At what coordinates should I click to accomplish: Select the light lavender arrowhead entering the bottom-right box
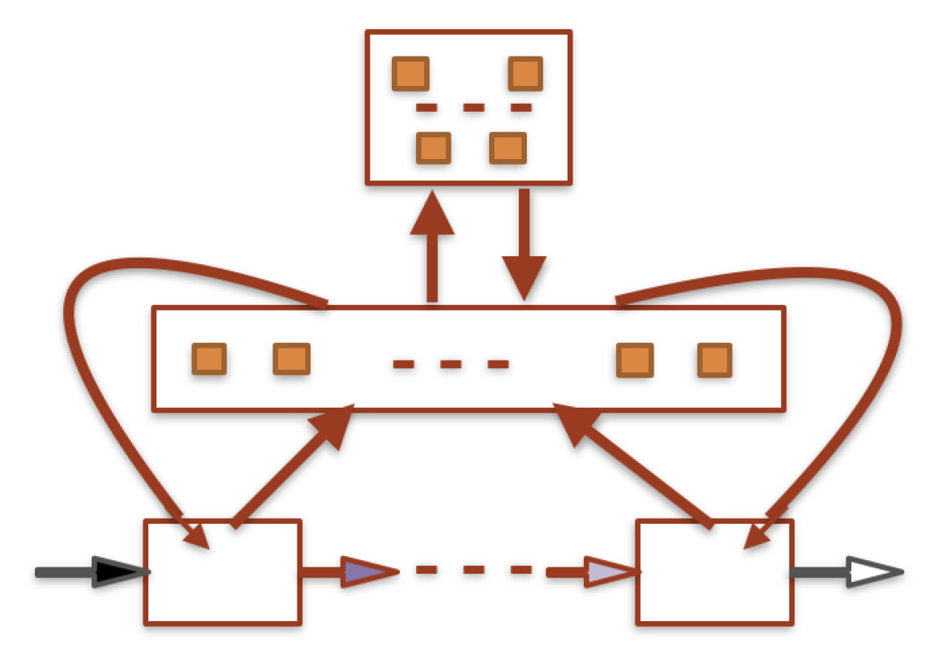tap(609, 572)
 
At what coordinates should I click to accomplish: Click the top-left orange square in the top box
tap(410, 75)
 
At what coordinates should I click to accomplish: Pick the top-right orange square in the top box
tap(525, 75)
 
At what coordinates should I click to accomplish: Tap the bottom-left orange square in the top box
tap(434, 148)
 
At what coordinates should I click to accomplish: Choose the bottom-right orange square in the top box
tap(508, 148)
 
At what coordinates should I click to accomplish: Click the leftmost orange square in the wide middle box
tap(209, 359)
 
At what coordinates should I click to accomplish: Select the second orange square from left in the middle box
tap(292, 359)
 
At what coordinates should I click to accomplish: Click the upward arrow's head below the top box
tap(431, 215)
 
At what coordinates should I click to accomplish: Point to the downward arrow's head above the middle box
tap(525, 276)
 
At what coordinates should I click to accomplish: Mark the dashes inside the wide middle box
tap(451, 365)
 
